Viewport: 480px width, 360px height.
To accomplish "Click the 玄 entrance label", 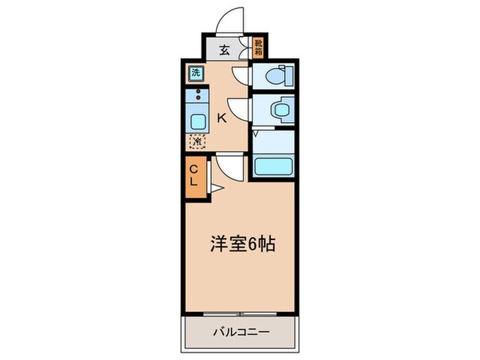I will coord(225,49).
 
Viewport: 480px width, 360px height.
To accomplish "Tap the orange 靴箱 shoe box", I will coord(259,48).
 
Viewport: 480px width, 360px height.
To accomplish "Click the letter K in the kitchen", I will coord(221,117).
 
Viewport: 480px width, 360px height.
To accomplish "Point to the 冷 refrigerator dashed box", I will coord(196,142).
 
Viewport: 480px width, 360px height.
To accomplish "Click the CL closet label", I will coord(193,176).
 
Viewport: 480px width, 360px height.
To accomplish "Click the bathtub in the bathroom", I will coord(274,165).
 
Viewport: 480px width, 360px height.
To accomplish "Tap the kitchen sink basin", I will coord(197,123).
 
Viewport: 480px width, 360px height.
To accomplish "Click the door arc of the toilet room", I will coord(241,75).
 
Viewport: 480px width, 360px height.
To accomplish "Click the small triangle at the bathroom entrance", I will coord(255,133).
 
